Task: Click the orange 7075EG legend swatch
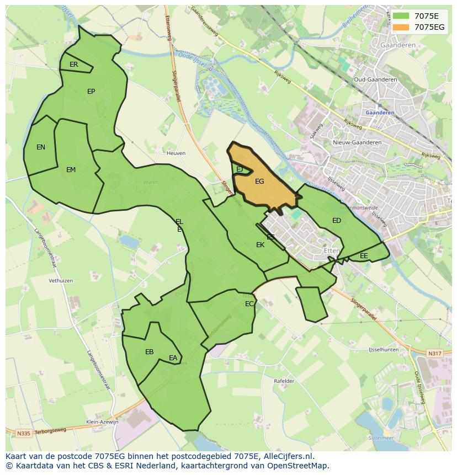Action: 401,27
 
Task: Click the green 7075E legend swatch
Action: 401,16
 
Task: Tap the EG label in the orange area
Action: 259,181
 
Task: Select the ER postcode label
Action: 74,65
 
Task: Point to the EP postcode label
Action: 91,92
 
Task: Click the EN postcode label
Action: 41,147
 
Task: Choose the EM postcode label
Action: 71,170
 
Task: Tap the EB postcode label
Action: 149,352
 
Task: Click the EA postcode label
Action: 173,358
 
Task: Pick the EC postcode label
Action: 249,304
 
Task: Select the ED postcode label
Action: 337,221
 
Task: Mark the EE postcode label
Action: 364,256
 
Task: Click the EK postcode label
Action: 260,245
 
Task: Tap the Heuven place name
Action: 176,153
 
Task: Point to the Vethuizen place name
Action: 61,280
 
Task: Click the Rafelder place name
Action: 284,381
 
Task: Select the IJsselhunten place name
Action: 384,350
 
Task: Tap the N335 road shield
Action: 23,434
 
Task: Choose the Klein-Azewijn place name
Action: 103,422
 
